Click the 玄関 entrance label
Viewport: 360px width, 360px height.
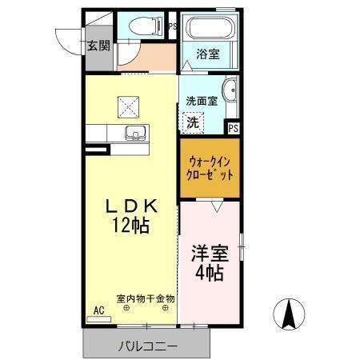(x=98, y=46)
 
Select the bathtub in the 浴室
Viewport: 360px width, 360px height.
(x=208, y=30)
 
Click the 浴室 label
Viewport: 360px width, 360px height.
(x=209, y=54)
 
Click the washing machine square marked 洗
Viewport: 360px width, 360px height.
(x=194, y=122)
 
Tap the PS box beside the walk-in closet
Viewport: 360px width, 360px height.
(x=234, y=127)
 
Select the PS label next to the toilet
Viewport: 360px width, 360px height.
(x=172, y=26)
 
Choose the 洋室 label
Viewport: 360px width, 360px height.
(x=210, y=254)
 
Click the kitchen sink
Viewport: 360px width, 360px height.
(x=134, y=133)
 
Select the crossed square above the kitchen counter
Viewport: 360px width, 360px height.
(x=128, y=104)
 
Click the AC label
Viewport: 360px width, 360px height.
(x=99, y=310)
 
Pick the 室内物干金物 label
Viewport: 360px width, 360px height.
(x=146, y=298)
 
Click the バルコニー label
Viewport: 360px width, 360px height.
(x=149, y=346)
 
